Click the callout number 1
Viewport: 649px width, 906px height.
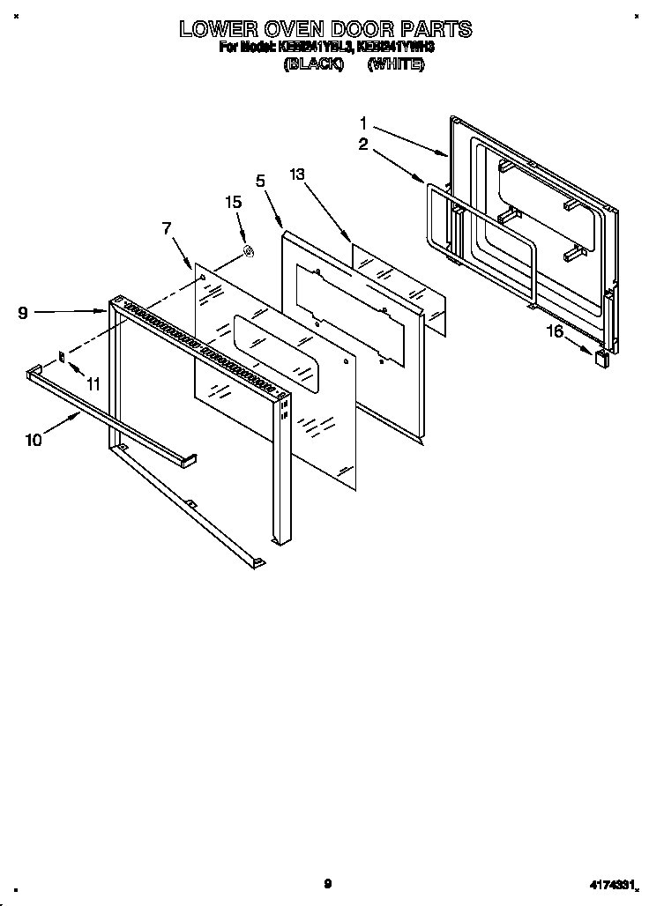pyautogui.click(x=362, y=123)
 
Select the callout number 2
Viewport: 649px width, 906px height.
pyautogui.click(x=362, y=145)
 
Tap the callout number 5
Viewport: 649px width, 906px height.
pyautogui.click(x=260, y=181)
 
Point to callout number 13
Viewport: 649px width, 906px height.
pyautogui.click(x=297, y=175)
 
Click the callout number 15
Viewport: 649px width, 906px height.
pyautogui.click(x=233, y=202)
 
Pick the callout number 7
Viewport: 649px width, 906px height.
pyautogui.click(x=167, y=229)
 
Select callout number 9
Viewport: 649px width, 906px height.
pyautogui.click(x=23, y=312)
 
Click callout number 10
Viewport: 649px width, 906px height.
pyautogui.click(x=34, y=441)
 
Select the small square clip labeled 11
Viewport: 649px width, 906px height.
pyautogui.click(x=63, y=357)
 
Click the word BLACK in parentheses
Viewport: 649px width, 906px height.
pyautogui.click(x=313, y=65)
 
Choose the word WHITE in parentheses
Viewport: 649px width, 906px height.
pyautogui.click(x=396, y=65)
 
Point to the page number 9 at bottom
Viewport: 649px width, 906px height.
pyautogui.click(x=326, y=883)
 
